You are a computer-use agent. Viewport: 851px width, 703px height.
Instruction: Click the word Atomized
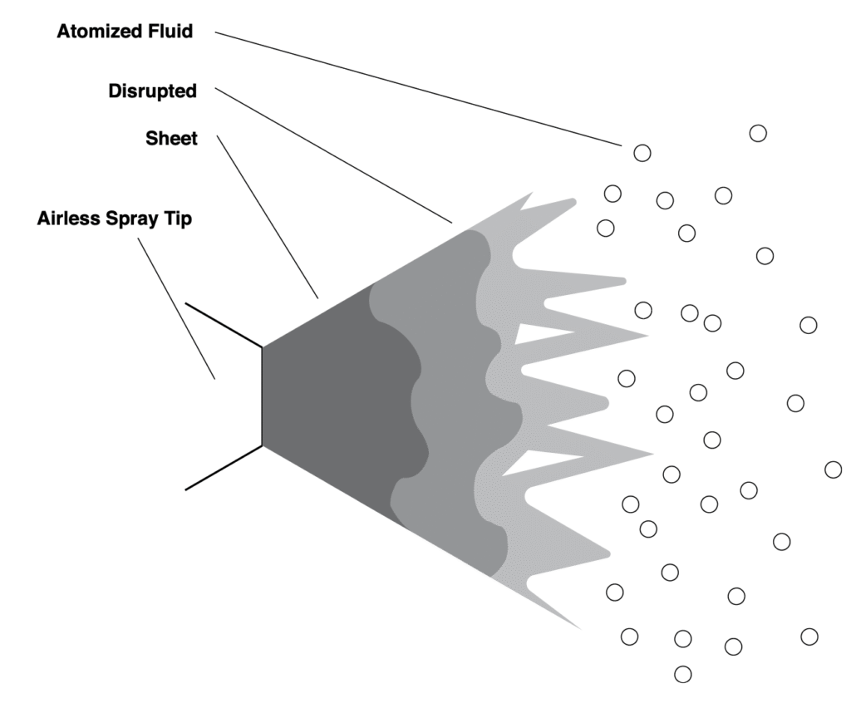(97, 32)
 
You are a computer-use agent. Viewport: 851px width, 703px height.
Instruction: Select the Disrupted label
(152, 91)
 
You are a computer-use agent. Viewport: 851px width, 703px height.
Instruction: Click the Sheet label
(171, 139)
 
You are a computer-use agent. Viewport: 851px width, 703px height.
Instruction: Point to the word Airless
(68, 219)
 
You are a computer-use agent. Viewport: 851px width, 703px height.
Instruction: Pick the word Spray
(134, 219)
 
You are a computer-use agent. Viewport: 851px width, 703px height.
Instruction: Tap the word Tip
(179, 219)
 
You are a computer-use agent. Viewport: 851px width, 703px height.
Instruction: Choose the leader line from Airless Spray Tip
(176, 307)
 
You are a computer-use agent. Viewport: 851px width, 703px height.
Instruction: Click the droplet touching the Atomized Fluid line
(642, 153)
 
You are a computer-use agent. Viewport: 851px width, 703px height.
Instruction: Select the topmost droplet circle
(757, 133)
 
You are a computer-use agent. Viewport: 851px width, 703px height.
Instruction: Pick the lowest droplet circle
(682, 674)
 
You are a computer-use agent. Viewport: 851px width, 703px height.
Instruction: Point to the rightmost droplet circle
(833, 469)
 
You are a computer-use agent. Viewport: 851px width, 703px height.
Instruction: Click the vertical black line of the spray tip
(263, 396)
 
